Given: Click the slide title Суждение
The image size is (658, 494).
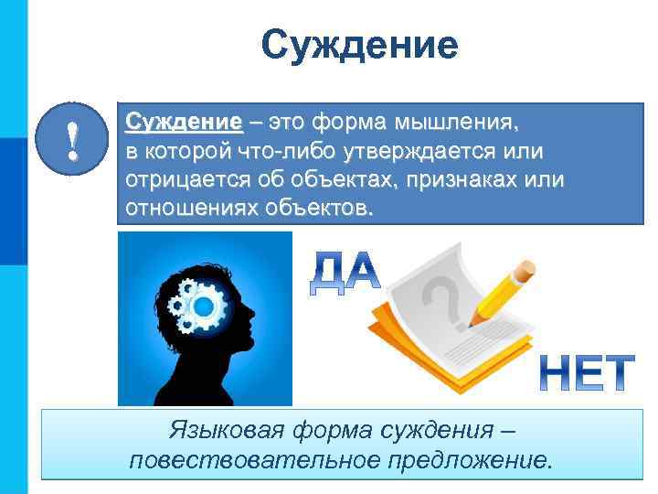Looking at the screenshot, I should [x=359, y=44].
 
